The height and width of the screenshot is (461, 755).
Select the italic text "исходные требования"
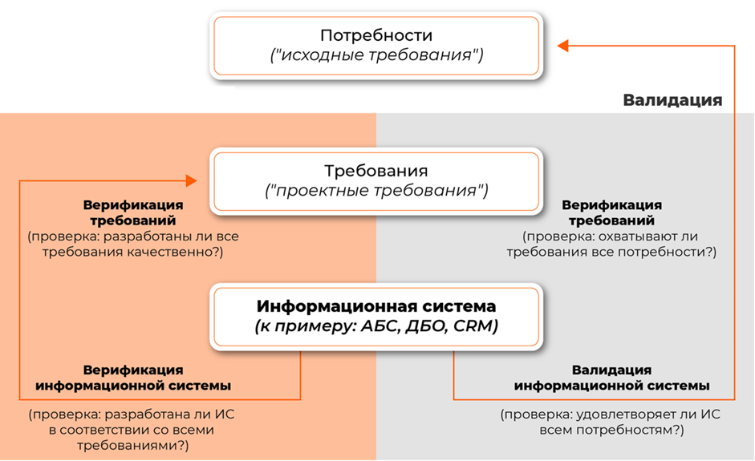pyautogui.click(x=376, y=56)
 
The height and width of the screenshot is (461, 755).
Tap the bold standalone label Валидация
pyautogui.click(x=672, y=100)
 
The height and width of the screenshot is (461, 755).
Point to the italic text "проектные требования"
pyautogui.click(x=376, y=191)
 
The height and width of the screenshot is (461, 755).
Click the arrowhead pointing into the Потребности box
pyautogui.click(x=563, y=46)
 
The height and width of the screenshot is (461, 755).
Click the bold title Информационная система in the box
pyautogui.click(x=376, y=306)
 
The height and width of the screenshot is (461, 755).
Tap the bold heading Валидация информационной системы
pyautogui.click(x=611, y=378)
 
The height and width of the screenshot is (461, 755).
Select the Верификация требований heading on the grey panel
pyautogui.click(x=611, y=212)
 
